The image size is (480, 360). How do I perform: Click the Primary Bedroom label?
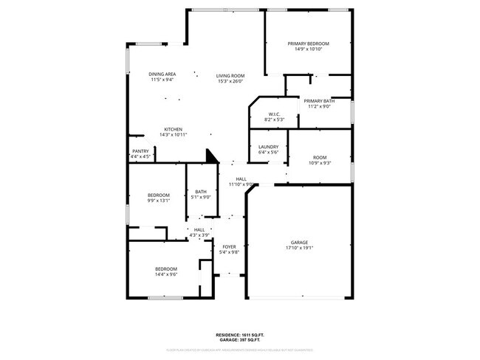[x=308, y=44]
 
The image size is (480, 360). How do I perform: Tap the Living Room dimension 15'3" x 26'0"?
[x=230, y=81]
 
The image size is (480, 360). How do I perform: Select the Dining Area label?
[x=162, y=74]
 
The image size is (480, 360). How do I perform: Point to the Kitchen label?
[x=173, y=129]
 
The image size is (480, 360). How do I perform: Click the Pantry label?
[x=140, y=151]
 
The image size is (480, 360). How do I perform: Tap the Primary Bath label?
[x=319, y=100]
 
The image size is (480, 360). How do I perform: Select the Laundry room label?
[x=268, y=146]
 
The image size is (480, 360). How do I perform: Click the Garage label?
[x=299, y=242]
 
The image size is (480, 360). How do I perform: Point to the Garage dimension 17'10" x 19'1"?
[x=299, y=248]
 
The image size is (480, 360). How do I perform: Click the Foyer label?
[x=229, y=246]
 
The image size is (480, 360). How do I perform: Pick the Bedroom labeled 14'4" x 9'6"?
[x=165, y=269]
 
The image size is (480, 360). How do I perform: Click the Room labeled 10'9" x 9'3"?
[x=319, y=157]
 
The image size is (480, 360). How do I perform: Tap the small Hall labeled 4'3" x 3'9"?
[x=199, y=229]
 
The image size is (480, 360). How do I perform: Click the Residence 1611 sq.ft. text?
[x=239, y=333]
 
